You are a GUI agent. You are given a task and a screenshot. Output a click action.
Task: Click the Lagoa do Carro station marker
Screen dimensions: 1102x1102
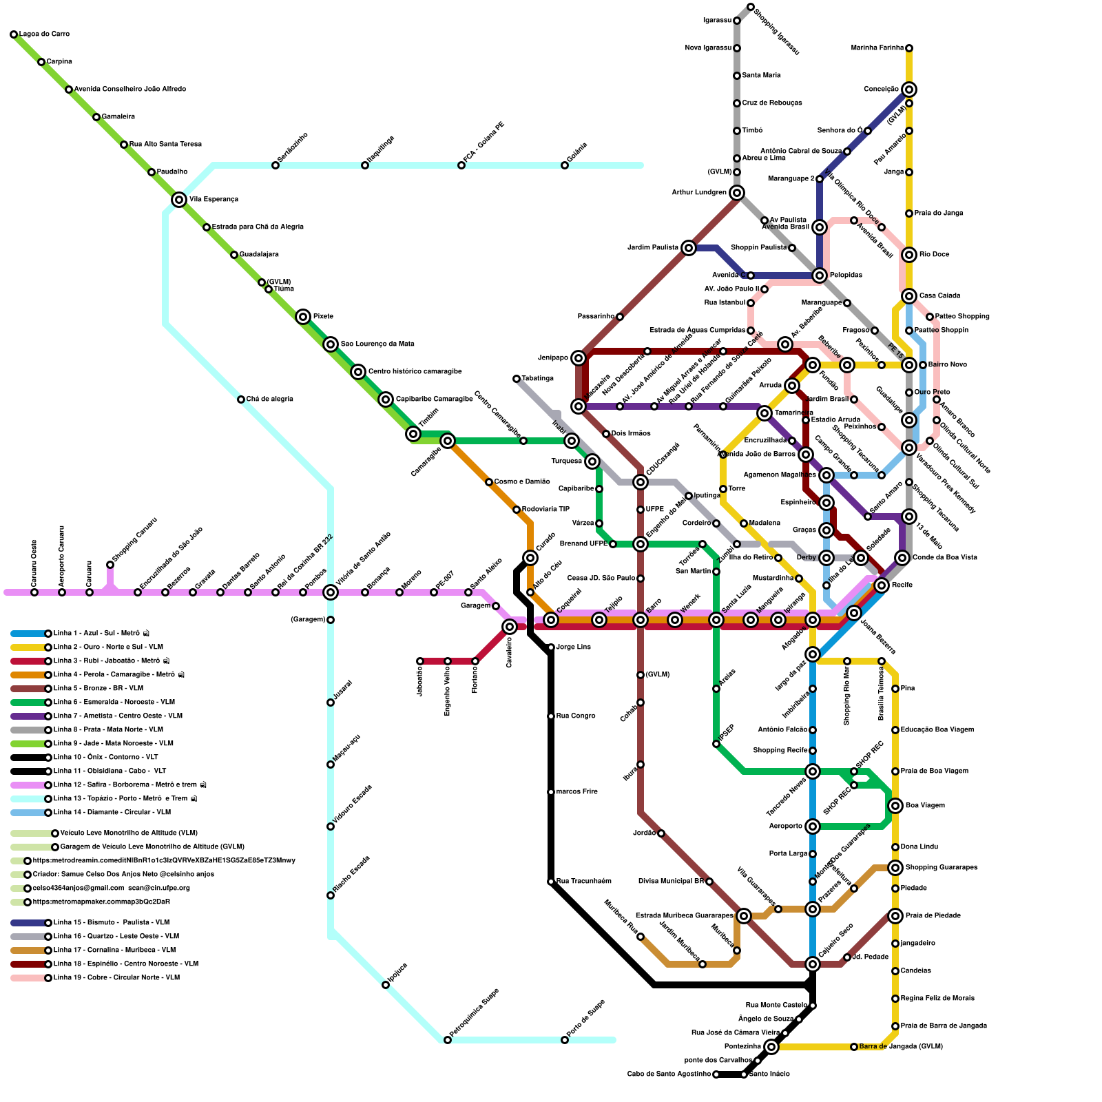pos(14,34)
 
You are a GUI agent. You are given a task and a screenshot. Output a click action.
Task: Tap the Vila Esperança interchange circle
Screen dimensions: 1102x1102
pos(179,200)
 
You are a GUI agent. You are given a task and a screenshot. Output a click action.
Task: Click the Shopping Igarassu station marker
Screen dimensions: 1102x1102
pos(751,7)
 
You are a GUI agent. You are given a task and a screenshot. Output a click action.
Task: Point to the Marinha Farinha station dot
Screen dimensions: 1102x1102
pos(909,48)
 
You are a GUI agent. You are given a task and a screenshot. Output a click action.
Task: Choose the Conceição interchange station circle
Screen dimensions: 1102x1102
pos(909,90)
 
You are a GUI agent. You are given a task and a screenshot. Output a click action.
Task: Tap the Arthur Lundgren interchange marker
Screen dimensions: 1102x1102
pos(737,193)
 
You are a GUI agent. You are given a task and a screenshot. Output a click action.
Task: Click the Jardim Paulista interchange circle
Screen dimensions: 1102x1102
pos(689,248)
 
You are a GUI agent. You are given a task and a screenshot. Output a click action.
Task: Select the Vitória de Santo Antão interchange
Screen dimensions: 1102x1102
pos(331,592)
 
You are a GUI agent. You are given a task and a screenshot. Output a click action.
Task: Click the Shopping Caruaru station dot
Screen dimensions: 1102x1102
pos(110,565)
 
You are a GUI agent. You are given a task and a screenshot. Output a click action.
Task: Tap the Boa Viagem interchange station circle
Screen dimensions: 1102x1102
pos(895,806)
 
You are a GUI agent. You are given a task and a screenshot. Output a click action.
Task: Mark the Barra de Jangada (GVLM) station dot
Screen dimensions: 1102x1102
pos(854,1047)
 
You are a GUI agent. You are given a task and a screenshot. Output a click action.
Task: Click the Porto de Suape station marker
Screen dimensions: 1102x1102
pos(565,1040)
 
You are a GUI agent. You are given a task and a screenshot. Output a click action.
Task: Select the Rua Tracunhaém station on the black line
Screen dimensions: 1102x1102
pos(551,882)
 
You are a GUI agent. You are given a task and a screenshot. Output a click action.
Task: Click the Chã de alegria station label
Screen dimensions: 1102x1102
pos(270,399)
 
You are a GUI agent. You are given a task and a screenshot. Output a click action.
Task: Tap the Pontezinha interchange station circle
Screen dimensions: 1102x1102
pos(771,1047)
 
